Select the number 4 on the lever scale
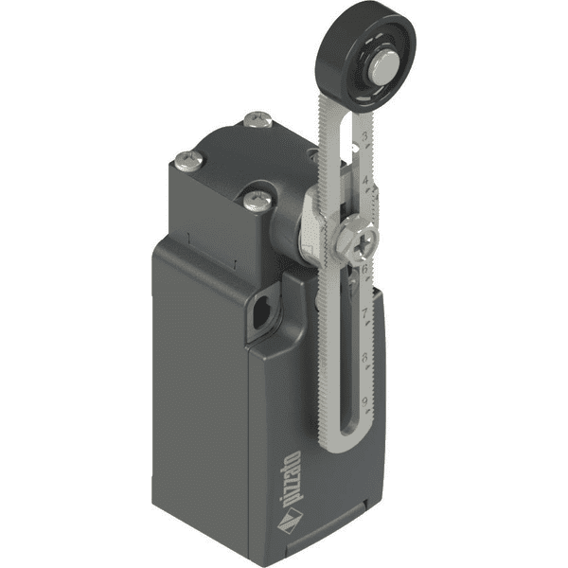tap(364, 180)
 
